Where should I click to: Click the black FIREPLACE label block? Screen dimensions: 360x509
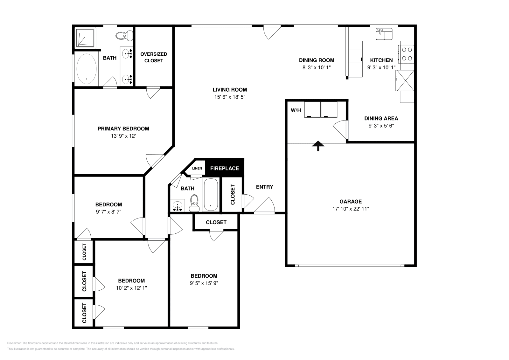[x=224, y=168]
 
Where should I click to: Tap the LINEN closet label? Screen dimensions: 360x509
[x=197, y=168]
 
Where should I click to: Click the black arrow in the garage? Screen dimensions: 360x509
[x=318, y=146]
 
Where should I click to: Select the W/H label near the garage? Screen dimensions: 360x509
[x=296, y=111]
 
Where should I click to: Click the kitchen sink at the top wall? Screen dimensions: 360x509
[x=384, y=34]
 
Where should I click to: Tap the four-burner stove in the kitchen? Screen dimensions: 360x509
[x=406, y=54]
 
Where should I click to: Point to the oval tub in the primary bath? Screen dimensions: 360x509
[x=87, y=69]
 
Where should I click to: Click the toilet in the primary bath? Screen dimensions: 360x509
[x=125, y=36]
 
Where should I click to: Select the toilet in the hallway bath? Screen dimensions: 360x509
[x=194, y=204]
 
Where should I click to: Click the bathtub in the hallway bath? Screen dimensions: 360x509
[x=211, y=195]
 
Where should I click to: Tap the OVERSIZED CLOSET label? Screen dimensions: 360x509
[x=154, y=57]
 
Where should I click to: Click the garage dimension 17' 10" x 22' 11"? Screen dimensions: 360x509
[x=351, y=209]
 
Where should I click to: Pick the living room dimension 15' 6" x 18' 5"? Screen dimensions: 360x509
[x=230, y=97]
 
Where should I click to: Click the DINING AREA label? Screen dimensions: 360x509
[x=381, y=119]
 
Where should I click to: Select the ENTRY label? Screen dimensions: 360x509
[x=264, y=187]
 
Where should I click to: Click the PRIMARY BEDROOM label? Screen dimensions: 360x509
[x=123, y=129]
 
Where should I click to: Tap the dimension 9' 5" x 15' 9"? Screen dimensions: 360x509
[x=204, y=283]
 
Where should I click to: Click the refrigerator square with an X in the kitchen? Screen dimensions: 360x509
[x=405, y=80]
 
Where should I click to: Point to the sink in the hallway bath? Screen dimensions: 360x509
[x=178, y=205]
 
